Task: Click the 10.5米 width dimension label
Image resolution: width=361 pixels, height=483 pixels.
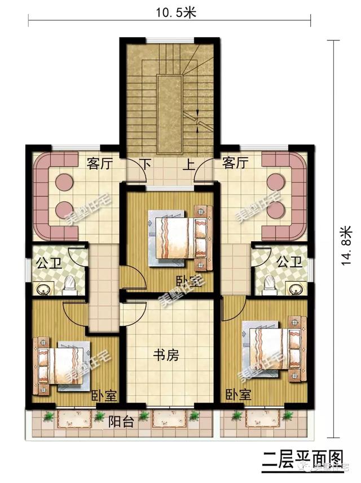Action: point(169,12)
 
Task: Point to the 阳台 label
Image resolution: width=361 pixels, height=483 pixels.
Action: point(121,421)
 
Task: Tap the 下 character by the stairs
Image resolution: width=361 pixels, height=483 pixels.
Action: point(146,165)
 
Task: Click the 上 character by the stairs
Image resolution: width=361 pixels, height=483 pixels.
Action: point(189,165)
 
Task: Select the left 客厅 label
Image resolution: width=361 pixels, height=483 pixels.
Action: point(100,164)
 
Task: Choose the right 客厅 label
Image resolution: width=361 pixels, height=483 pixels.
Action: point(235,164)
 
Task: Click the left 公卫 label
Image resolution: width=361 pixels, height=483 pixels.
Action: point(49,263)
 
